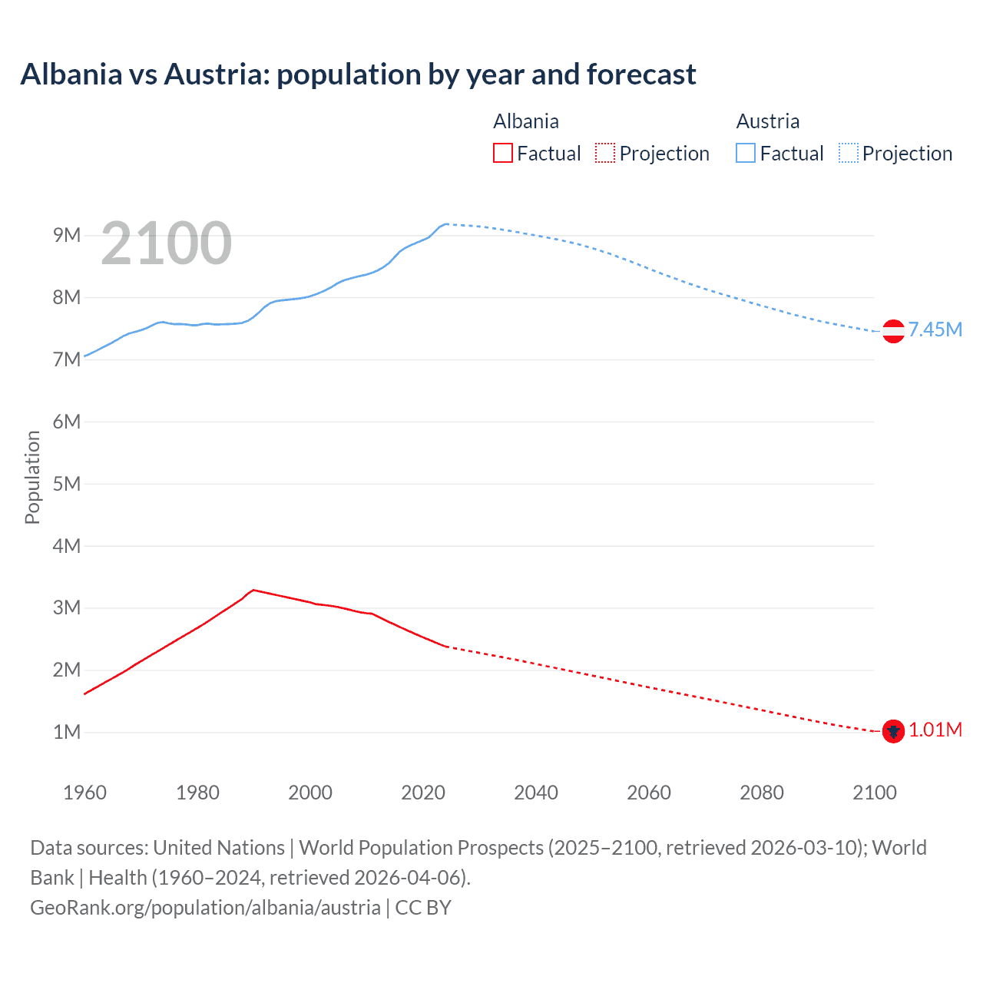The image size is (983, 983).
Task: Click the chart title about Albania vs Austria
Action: click(358, 74)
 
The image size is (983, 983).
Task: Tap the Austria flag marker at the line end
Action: click(892, 331)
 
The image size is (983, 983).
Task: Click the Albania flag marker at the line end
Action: click(892, 731)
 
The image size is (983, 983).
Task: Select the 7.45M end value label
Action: click(935, 330)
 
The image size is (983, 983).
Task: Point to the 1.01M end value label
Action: click(935, 730)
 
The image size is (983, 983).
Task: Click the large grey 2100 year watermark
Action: click(166, 243)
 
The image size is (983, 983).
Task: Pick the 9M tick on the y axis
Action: click(67, 236)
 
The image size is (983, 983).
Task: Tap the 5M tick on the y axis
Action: click(67, 484)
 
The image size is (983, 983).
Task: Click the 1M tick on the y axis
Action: click(67, 732)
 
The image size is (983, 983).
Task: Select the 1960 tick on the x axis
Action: click(84, 793)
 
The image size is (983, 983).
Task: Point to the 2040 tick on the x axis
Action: click(536, 793)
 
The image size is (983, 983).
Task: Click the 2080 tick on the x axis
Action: click(762, 793)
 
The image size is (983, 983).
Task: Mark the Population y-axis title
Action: click(32, 477)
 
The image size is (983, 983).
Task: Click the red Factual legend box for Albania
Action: click(502, 153)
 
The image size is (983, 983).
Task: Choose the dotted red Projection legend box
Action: click(605, 153)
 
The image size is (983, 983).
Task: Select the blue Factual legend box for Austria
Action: click(745, 153)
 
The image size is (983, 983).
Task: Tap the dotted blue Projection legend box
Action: click(848, 153)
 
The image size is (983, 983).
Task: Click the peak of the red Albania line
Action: click(253, 590)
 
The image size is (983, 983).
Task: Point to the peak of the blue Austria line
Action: click(446, 223)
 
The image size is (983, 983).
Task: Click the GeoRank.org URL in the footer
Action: click(205, 908)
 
